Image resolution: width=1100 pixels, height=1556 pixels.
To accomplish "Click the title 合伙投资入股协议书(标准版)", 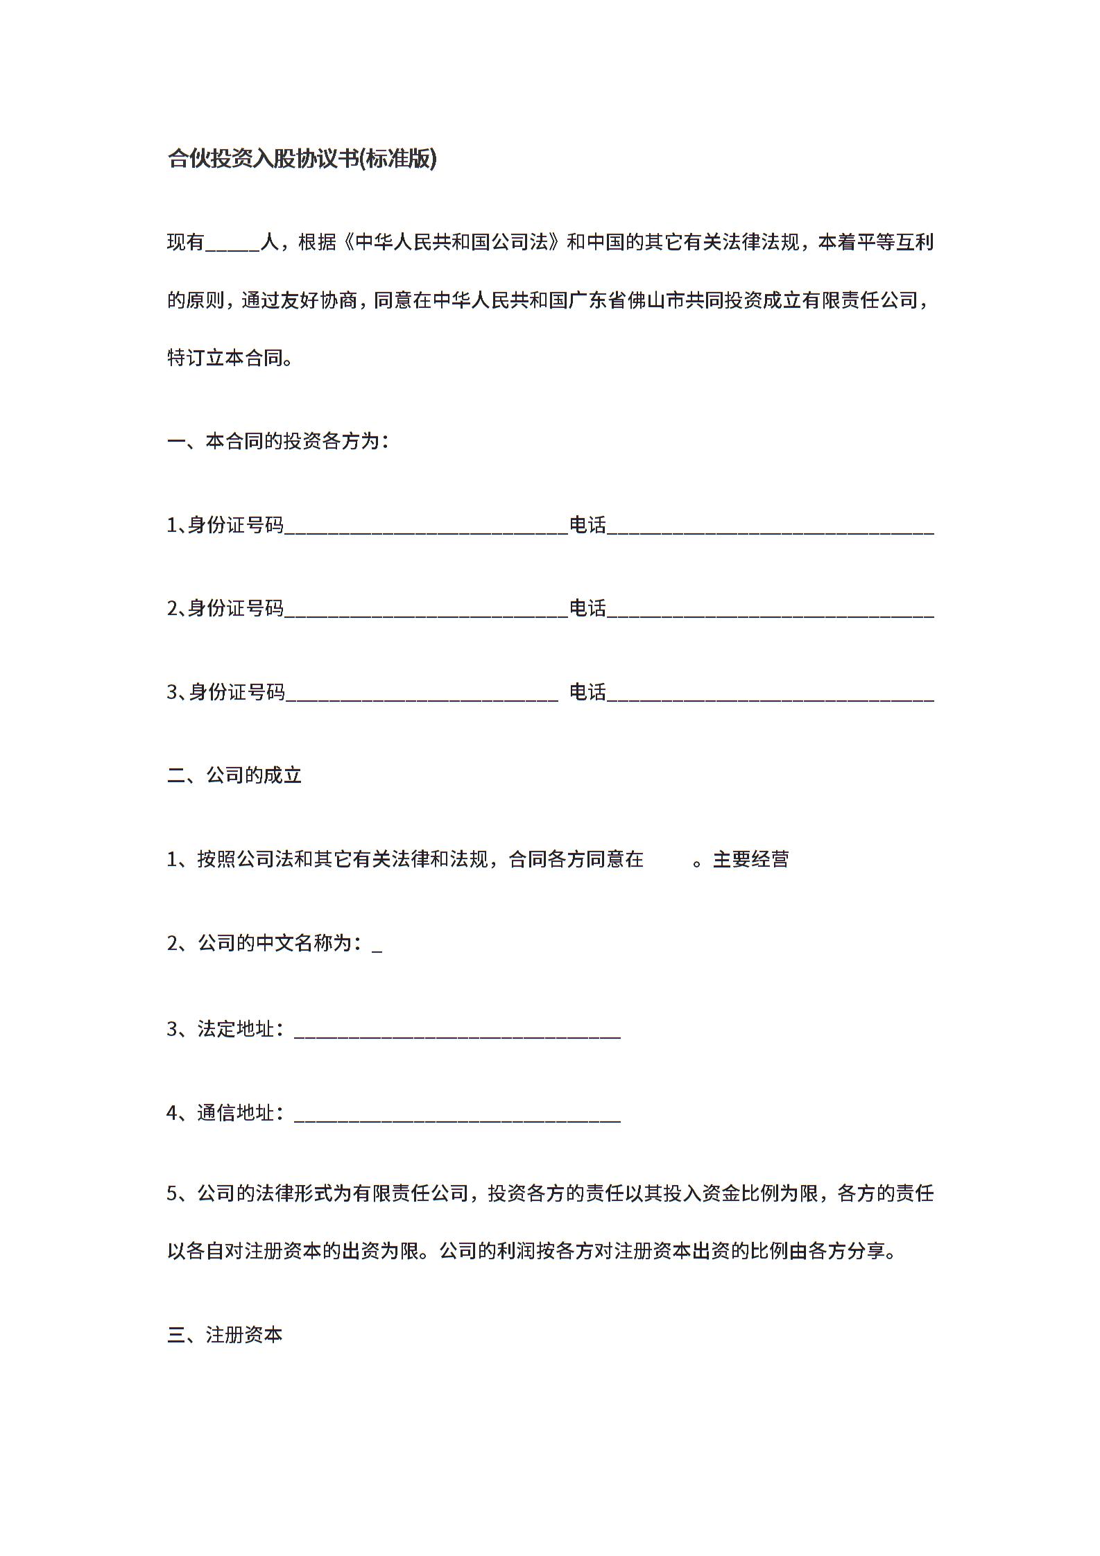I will [302, 159].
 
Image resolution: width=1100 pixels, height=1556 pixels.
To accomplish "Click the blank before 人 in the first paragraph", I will [232, 245].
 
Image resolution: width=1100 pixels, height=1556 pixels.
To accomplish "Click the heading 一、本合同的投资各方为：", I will [278, 441].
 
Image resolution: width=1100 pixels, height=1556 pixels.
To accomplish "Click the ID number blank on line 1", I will [426, 528].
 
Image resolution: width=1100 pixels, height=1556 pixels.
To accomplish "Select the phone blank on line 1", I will [770, 528].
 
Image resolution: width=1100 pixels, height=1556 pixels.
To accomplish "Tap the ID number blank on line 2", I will [426, 611].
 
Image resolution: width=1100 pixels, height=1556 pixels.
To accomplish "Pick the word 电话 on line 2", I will [587, 608].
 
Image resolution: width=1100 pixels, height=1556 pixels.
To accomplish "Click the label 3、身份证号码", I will [225, 692].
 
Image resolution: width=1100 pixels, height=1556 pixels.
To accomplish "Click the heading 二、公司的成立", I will [234, 775].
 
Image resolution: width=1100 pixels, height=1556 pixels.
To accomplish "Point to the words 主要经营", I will [750, 860].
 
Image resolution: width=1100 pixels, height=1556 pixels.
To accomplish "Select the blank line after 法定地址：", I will [457, 1031].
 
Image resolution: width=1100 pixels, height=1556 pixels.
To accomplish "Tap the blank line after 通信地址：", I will [457, 1114].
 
